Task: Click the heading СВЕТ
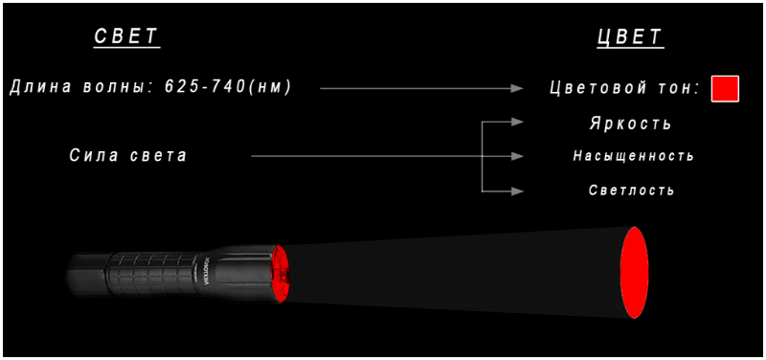(x=127, y=36)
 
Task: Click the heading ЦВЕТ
(x=631, y=36)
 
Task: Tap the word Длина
(x=37, y=87)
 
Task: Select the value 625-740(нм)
(x=228, y=87)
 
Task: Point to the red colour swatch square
(x=725, y=89)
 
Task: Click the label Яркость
(x=630, y=124)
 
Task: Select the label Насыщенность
(x=633, y=156)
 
